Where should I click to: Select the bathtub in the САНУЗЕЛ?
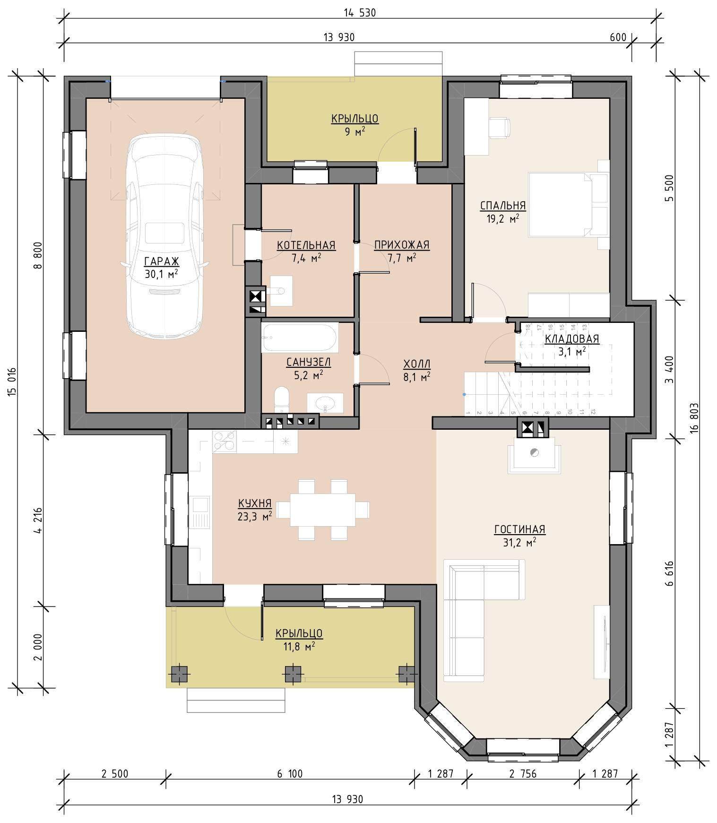[300, 338]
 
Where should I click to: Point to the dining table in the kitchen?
[323, 510]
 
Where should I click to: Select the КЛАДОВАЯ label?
[572, 339]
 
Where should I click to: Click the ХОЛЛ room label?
[417, 364]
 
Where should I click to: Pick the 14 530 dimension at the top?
[360, 13]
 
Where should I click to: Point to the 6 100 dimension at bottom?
[290, 774]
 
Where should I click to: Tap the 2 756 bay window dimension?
[523, 774]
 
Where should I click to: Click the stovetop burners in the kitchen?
[225, 441]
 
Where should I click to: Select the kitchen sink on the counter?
[200, 512]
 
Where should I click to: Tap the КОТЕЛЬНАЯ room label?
[306, 245]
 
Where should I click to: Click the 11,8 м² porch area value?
[299, 646]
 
